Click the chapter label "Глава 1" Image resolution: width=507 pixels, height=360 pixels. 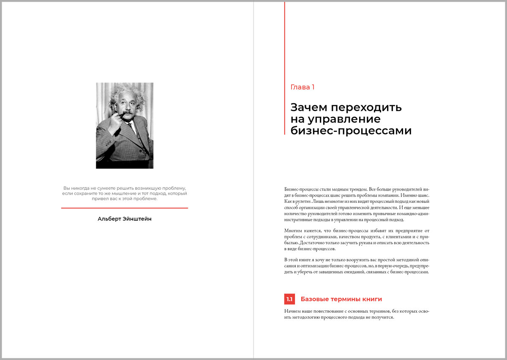point(303,87)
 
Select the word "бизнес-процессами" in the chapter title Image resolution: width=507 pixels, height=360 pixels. point(351,131)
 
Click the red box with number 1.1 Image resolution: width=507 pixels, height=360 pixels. point(289,299)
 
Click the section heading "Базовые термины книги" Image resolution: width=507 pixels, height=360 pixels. point(341,299)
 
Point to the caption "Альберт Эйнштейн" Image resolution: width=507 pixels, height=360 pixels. point(125,219)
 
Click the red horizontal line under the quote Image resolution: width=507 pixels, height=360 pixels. point(125,208)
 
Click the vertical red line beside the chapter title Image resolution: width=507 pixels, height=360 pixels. point(285,68)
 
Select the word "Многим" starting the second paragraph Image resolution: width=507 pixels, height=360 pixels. point(293,230)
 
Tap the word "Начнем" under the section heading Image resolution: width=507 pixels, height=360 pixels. point(293,311)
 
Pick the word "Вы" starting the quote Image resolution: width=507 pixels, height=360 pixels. point(66,188)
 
